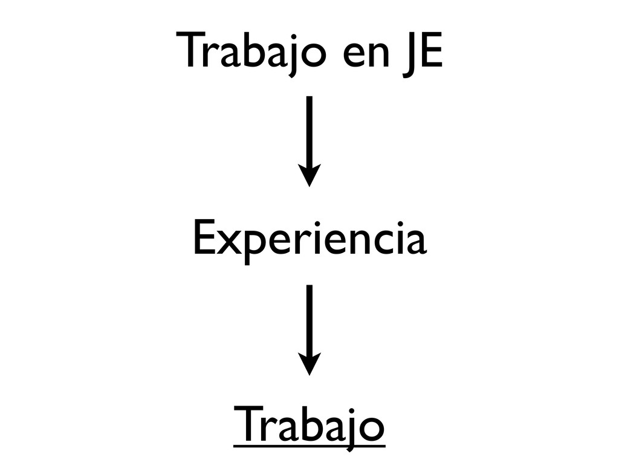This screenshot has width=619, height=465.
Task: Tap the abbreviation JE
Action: coord(421,54)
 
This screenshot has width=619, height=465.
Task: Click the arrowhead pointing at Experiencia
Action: coord(309,176)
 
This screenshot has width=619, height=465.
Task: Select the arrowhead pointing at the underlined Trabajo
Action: coord(309,365)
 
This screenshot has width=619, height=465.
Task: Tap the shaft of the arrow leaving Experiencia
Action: coord(309,321)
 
